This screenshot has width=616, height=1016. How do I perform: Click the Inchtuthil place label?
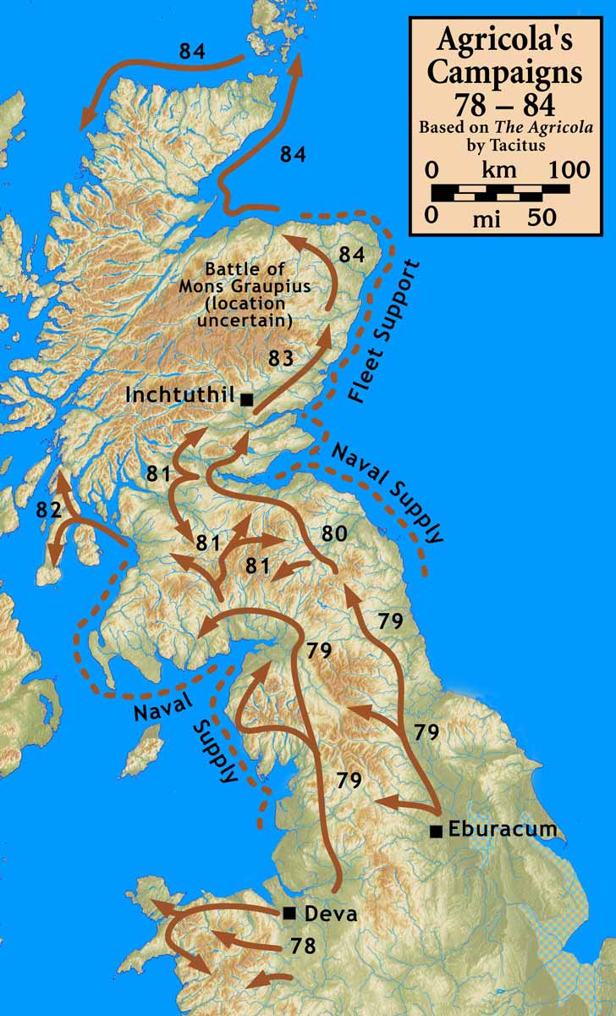[x=179, y=395]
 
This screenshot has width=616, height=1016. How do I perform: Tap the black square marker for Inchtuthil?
[x=245, y=398]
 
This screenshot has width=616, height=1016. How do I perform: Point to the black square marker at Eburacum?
[x=436, y=831]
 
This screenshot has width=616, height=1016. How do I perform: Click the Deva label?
[x=331, y=914]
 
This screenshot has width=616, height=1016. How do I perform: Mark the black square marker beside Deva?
[x=289, y=913]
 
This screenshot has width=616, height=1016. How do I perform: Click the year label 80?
[x=335, y=534]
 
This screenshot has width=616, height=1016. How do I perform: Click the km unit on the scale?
[x=498, y=169]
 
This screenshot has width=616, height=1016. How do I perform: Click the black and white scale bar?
[x=499, y=192]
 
